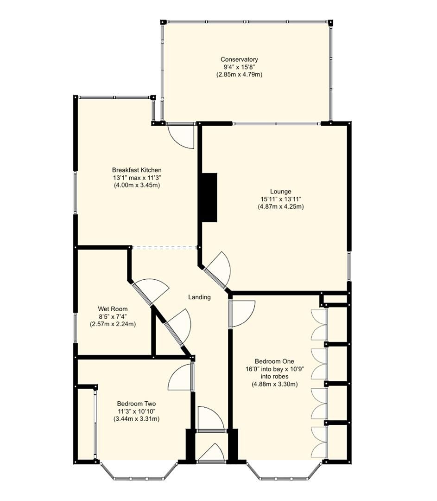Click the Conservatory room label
[239, 59]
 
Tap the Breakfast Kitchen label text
[137, 170]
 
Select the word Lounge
[281, 191]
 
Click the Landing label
[199, 297]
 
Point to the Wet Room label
[113, 309]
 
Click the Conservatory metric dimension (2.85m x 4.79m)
[239, 74]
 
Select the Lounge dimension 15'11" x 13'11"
[281, 199]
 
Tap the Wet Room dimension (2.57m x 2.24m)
[113, 324]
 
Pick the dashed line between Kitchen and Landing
[165, 248]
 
